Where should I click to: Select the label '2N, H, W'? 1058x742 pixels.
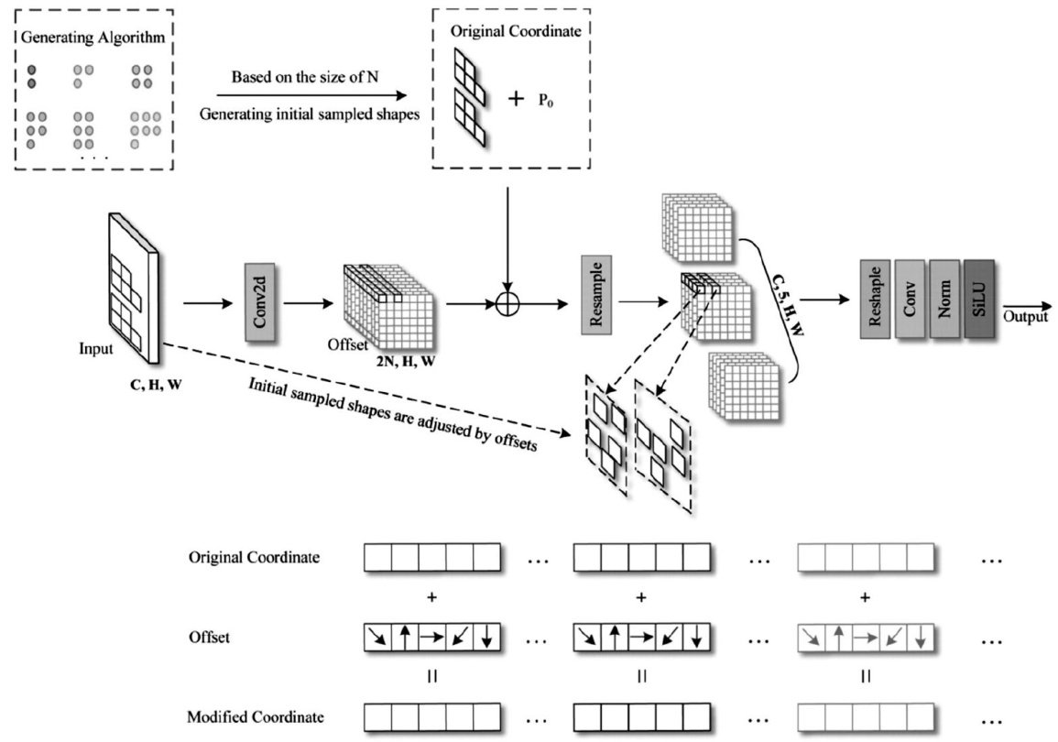(x=405, y=364)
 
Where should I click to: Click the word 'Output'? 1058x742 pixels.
(x=1024, y=317)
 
